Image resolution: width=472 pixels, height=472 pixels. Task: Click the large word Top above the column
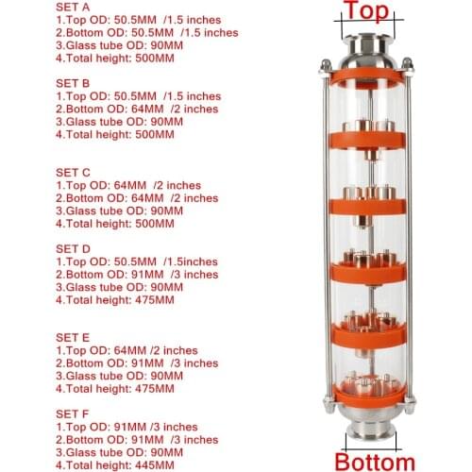364,11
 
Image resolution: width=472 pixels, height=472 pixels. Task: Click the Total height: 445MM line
115,464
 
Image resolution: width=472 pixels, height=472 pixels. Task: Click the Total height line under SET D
115,299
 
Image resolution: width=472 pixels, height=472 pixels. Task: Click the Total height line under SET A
115,58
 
